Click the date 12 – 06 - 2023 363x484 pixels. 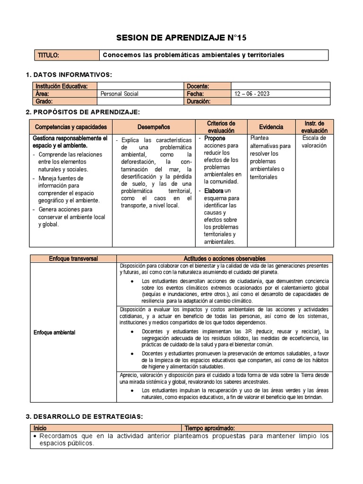point(252,94)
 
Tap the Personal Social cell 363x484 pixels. point(120,94)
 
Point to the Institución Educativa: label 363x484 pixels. point(61,86)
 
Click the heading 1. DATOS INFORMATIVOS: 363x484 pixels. point(69,75)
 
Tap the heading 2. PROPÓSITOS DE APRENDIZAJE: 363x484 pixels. point(83,112)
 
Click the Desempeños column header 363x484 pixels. point(154,127)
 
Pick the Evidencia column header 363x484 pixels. point(271,127)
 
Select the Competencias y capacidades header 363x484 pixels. point(71,127)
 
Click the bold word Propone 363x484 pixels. point(215,138)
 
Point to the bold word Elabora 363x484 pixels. point(214,190)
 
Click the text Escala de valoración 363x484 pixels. point(314,142)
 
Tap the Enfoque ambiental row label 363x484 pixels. point(55,332)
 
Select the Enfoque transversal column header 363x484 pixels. point(73,259)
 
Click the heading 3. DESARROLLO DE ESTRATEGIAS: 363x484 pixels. point(84,416)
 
